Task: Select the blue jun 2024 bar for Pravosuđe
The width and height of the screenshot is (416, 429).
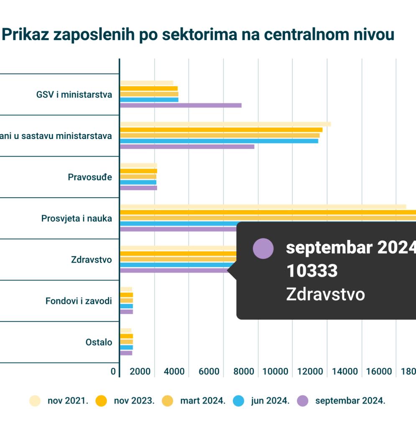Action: [138, 182]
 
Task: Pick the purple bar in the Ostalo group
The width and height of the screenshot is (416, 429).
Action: [126, 353]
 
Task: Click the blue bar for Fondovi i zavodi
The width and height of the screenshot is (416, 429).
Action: [127, 306]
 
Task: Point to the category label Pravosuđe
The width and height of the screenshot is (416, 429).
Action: [90, 177]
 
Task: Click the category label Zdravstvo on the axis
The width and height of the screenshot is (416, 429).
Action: [92, 260]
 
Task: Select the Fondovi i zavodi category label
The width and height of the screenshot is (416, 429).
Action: [79, 301]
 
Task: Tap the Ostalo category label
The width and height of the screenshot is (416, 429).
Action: [99, 342]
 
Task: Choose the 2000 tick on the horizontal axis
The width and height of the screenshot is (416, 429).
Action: [140, 372]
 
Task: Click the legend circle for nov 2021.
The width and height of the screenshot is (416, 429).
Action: [35, 401]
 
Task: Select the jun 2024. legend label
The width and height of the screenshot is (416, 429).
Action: [270, 401]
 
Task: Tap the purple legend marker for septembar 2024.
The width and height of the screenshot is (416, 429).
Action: [303, 401]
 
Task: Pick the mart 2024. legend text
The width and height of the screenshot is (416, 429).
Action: [203, 401]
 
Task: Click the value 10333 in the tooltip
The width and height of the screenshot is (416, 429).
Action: [311, 271]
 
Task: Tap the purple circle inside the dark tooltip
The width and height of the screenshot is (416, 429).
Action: [263, 248]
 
